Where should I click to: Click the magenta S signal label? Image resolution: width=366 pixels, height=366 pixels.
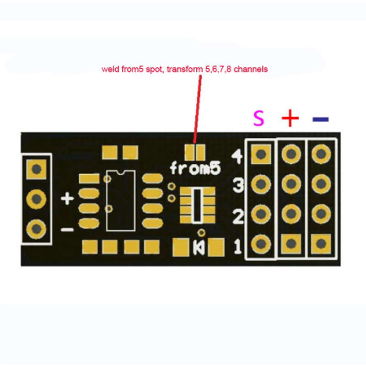258,118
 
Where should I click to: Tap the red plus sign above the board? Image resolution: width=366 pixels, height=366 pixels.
290,118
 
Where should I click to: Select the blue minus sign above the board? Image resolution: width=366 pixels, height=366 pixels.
321,119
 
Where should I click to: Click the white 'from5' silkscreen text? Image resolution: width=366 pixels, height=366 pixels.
195,168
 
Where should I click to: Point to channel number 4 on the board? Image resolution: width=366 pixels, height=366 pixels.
237,156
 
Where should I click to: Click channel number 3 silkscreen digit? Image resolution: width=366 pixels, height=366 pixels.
238,185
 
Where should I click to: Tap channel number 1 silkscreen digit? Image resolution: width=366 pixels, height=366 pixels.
237,247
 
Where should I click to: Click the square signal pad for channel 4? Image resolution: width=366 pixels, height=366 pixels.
261,154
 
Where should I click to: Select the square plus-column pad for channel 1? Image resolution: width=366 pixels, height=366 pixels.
291,244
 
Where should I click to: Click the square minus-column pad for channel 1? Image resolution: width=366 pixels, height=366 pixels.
321,244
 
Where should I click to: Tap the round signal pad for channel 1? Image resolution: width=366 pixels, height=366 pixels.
261,244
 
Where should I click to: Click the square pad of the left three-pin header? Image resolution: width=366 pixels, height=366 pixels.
37,169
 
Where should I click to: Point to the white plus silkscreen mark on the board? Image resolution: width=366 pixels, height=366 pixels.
67,199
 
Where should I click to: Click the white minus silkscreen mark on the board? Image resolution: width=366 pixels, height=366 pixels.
67,230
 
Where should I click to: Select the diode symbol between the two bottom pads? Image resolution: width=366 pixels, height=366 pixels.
199,248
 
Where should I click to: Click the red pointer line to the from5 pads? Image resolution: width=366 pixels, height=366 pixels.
198,109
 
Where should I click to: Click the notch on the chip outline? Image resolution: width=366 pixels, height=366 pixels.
121,172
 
